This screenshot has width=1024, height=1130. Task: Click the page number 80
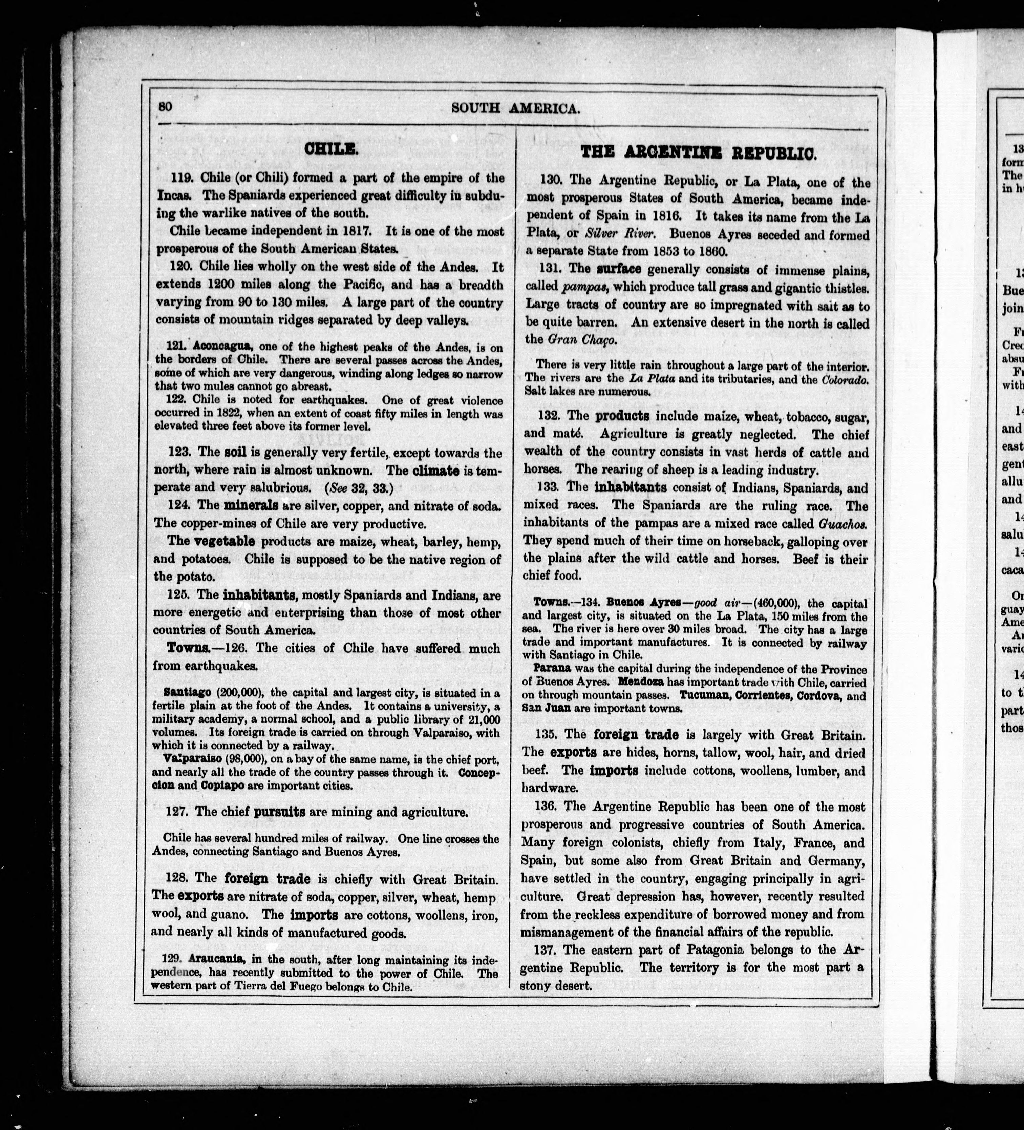pos(165,106)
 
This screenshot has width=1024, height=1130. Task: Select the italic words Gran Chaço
pos(577,340)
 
